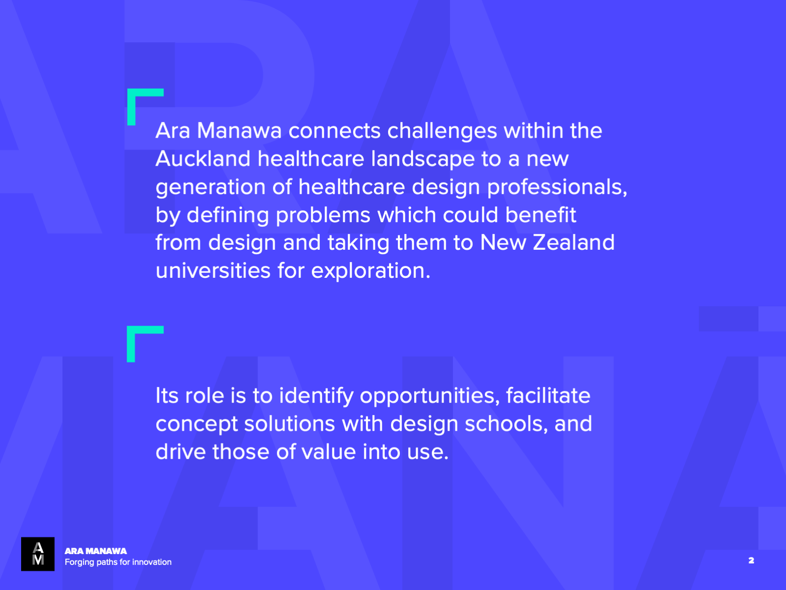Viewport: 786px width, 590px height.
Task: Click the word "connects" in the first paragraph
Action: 335,131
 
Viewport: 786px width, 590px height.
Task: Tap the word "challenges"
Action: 442,131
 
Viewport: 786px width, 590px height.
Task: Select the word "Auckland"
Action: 203,159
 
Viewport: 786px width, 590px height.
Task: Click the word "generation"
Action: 211,187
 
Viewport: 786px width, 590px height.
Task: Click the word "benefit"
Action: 541,214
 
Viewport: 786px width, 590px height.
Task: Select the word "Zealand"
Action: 574,242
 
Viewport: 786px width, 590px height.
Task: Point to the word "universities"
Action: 213,270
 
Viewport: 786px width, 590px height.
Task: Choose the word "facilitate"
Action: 548,395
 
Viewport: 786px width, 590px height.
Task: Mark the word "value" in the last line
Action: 329,452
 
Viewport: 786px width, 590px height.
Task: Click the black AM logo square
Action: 38,554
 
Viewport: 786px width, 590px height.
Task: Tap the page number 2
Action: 751,560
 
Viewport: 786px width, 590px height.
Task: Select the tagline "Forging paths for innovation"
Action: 118,562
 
